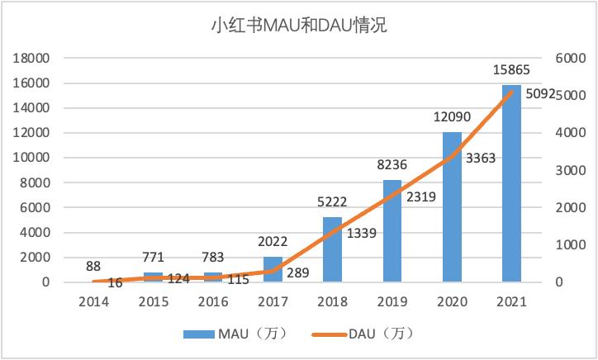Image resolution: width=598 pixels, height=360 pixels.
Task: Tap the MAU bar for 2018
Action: click(x=332, y=249)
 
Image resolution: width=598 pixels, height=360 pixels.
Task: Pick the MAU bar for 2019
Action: click(x=392, y=231)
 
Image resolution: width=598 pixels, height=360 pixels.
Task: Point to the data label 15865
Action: click(x=511, y=70)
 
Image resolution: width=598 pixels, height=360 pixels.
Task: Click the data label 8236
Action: click(x=392, y=165)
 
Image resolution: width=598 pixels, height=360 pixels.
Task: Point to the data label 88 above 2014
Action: click(x=93, y=266)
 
